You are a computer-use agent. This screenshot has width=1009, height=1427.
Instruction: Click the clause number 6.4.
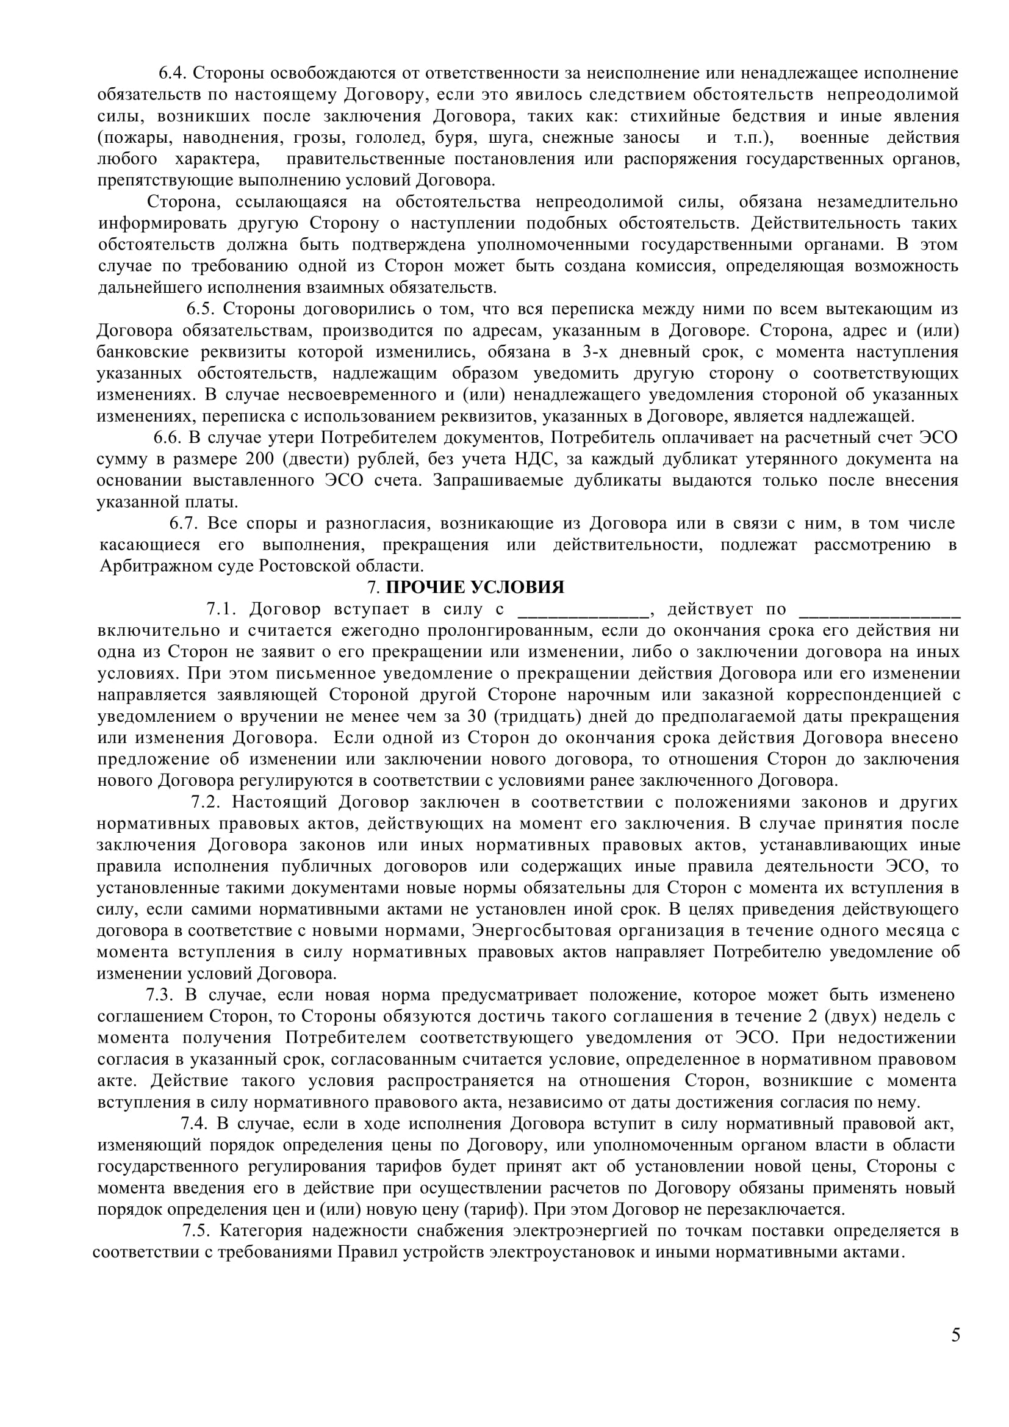pos(173,73)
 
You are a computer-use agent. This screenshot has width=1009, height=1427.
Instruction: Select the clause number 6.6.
pos(167,437)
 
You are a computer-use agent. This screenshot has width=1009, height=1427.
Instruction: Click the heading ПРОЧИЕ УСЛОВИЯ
pos(475,588)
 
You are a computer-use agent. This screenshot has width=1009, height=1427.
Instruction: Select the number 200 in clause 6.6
pos(259,459)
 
